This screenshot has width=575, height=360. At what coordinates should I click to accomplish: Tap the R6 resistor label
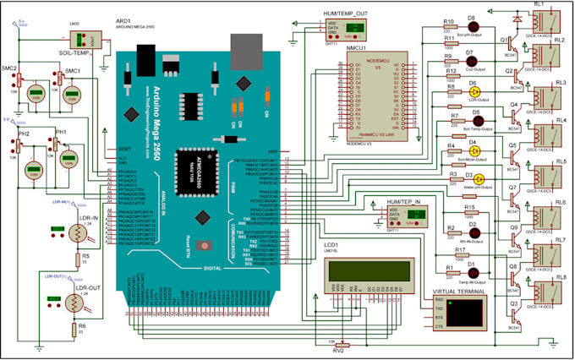(82, 325)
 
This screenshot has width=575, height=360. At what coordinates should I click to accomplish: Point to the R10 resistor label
(449, 19)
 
